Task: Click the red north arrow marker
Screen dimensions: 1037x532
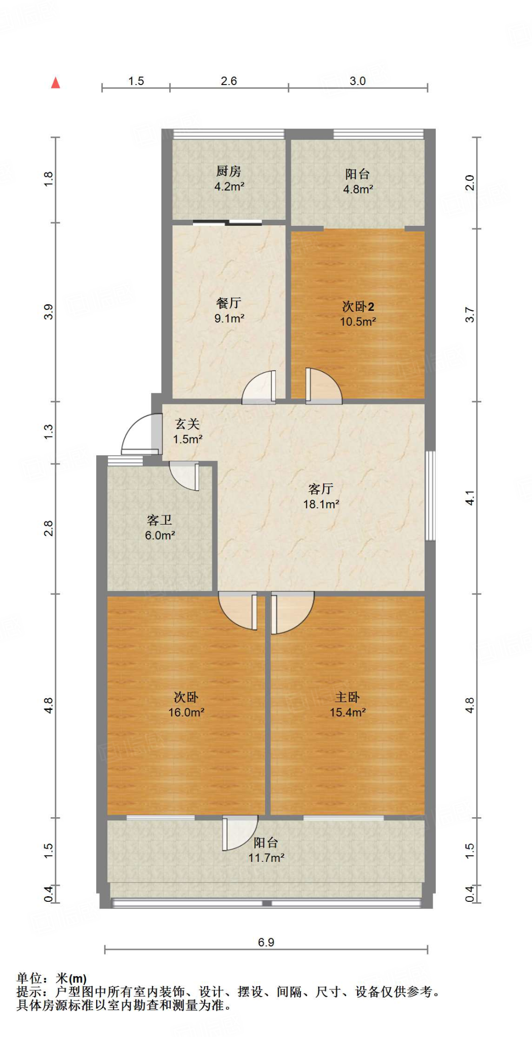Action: (x=56, y=83)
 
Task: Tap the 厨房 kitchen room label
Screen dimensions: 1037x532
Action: (x=229, y=171)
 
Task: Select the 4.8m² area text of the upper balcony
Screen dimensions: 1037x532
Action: (x=358, y=189)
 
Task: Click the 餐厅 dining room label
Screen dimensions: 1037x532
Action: (x=229, y=303)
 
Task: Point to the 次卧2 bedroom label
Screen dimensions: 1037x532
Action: (x=358, y=306)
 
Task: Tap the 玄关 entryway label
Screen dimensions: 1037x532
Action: (x=187, y=424)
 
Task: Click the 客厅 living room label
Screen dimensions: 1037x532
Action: (x=321, y=489)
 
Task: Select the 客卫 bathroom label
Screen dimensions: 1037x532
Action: (x=160, y=520)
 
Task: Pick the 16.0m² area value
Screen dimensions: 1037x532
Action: (x=186, y=712)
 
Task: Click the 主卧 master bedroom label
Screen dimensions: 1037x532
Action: (x=348, y=697)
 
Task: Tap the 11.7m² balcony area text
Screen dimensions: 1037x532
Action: (x=266, y=858)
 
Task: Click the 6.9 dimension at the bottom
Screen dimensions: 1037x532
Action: (x=266, y=942)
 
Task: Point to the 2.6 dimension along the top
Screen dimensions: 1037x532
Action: (x=229, y=81)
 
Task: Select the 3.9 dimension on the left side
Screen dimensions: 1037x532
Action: (x=49, y=311)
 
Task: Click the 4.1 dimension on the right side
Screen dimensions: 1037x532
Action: (x=470, y=497)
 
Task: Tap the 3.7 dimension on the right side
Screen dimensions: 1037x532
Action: (x=470, y=314)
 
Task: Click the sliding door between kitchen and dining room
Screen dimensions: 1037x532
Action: (x=227, y=222)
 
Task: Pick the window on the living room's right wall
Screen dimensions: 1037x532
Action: (x=430, y=496)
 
